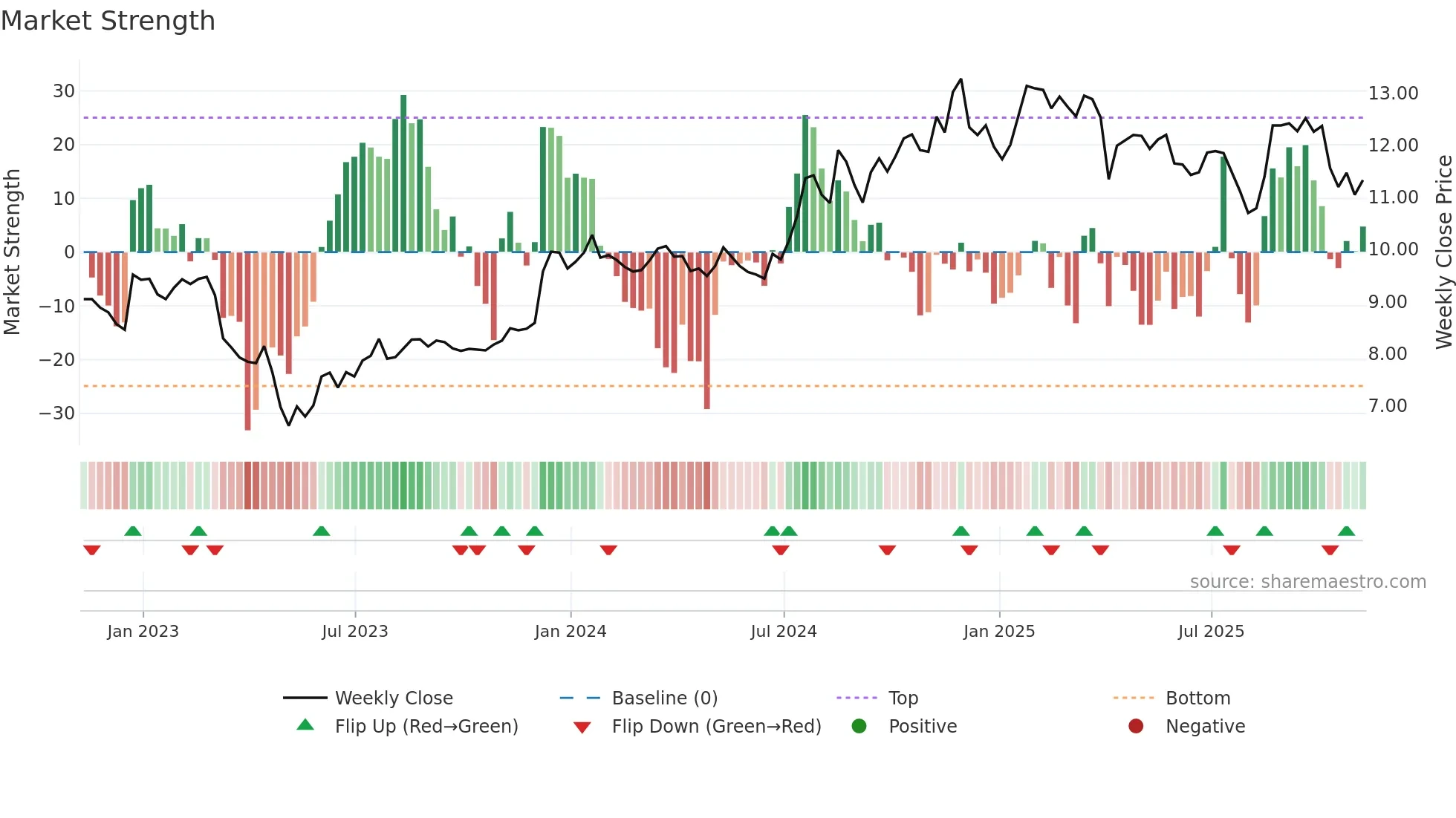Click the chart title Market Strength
108,21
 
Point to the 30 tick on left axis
64,91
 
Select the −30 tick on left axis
57,413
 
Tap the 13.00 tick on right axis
1393,94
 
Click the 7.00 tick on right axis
1388,406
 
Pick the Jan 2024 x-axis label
571,632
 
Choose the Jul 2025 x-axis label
1211,632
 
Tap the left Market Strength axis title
12,252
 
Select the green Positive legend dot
859,727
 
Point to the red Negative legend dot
1136,727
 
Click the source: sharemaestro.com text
1307,582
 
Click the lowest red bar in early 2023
247,341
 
